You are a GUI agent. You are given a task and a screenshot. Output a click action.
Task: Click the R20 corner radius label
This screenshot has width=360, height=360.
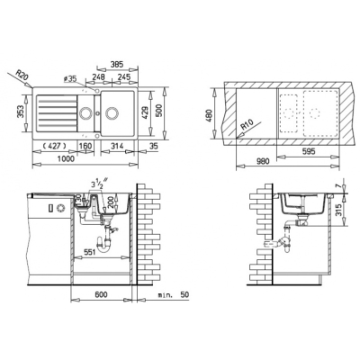tap(22, 75)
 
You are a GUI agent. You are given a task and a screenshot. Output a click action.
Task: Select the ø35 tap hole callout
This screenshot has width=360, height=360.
tap(70, 79)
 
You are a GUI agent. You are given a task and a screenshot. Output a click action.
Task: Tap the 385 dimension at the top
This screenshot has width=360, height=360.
tap(117, 64)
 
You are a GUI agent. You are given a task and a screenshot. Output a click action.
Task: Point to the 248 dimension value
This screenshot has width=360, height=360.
tap(98, 77)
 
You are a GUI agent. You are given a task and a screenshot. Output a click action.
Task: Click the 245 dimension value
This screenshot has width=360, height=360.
tap(124, 77)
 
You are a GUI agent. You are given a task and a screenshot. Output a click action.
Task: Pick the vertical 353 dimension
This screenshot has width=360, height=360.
tap(21, 112)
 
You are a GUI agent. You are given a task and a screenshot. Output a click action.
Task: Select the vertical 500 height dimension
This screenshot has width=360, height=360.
tap(159, 111)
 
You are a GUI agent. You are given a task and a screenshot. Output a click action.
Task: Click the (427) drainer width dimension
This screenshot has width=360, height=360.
tap(54, 146)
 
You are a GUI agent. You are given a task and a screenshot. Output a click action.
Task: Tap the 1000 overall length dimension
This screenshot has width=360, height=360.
tap(67, 158)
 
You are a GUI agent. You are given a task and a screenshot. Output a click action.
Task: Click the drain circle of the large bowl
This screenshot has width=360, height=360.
tap(112, 113)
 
